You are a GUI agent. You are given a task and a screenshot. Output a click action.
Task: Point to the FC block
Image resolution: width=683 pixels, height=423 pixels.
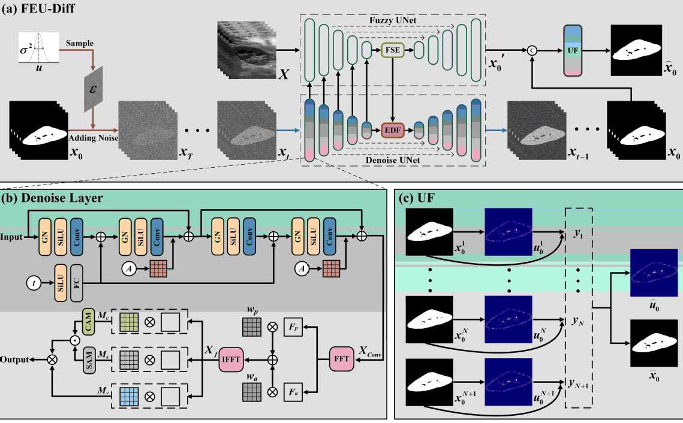[77, 280]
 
